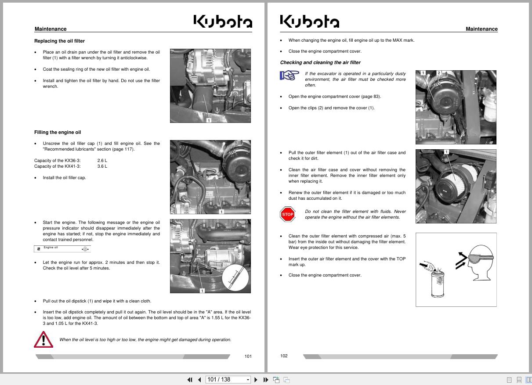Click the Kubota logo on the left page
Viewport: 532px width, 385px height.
[x=223, y=22]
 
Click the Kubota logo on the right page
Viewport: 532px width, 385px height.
[x=309, y=22]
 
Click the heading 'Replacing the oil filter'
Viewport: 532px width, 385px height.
[x=59, y=41]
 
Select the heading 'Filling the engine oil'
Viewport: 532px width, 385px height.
[x=58, y=132]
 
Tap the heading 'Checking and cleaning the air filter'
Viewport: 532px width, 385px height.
[x=320, y=62]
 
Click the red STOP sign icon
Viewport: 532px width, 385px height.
[x=287, y=214]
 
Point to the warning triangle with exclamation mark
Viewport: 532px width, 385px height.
[x=43, y=339]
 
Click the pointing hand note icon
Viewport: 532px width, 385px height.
[x=289, y=76]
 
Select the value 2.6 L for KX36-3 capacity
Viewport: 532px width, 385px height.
[x=102, y=161]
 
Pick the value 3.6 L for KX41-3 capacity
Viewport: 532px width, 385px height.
[x=102, y=166]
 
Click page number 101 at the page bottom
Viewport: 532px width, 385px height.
[x=248, y=356]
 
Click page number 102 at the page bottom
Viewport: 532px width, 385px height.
[x=284, y=356]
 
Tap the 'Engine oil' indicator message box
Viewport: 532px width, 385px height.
[x=62, y=249]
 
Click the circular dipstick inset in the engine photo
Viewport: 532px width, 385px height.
[x=235, y=278]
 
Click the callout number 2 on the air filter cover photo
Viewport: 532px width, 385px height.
[x=438, y=73]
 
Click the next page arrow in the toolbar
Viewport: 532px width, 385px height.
[x=256, y=380]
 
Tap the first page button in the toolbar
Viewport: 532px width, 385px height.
[x=190, y=380]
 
